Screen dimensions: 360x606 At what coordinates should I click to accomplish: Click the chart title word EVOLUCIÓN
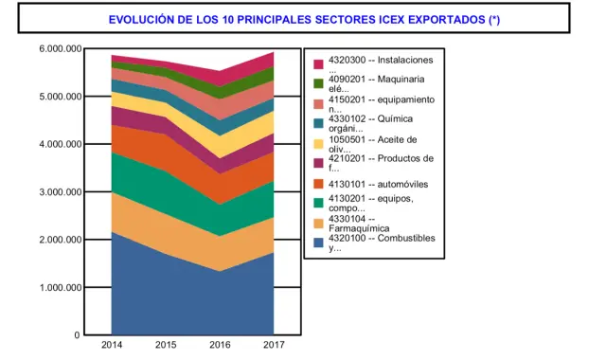pos(145,19)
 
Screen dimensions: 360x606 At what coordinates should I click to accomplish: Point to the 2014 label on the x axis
pos(112,345)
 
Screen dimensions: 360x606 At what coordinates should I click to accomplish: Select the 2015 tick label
pos(166,345)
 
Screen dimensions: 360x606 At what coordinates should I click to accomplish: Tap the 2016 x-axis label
pos(220,345)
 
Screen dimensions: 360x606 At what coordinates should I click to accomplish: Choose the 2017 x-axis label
pos(274,345)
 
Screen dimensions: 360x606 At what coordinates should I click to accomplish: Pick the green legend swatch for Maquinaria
pos(319,83)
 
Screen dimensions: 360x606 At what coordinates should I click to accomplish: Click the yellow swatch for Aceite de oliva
pos(319,143)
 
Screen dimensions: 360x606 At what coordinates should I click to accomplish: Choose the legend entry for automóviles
pos(375,183)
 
